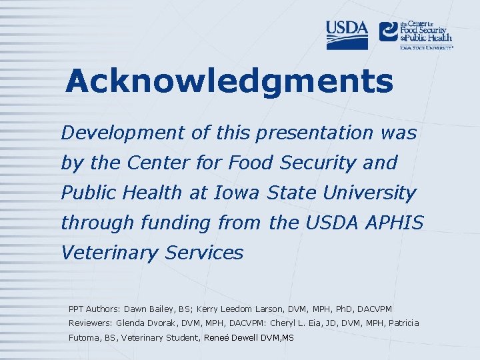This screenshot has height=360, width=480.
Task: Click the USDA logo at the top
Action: coord(347,35)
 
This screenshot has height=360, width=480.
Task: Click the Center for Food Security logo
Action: coord(415,34)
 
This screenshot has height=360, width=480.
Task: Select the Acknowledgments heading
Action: coord(229,81)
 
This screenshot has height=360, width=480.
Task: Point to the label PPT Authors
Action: coord(93,309)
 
